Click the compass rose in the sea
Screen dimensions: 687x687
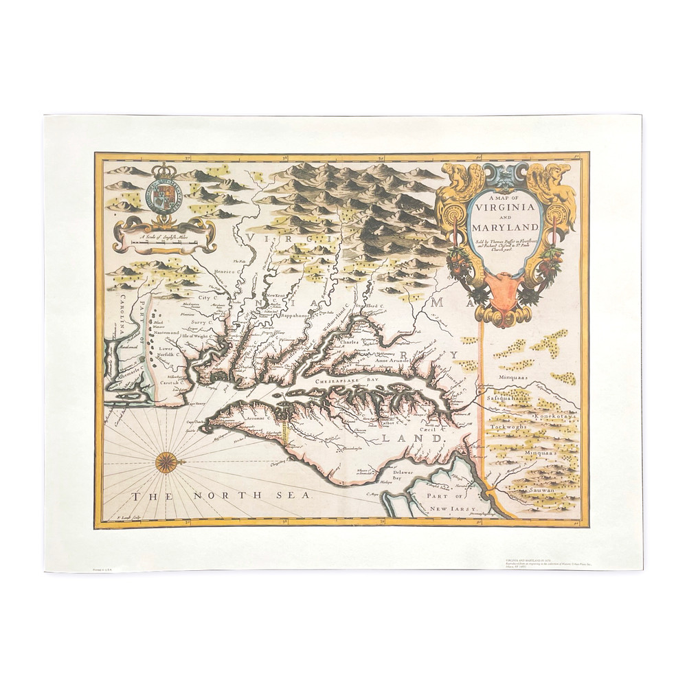[x=166, y=462]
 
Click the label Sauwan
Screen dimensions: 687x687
[x=541, y=491]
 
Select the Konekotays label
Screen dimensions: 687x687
[x=552, y=416]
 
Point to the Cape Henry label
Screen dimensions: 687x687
[x=199, y=405]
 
